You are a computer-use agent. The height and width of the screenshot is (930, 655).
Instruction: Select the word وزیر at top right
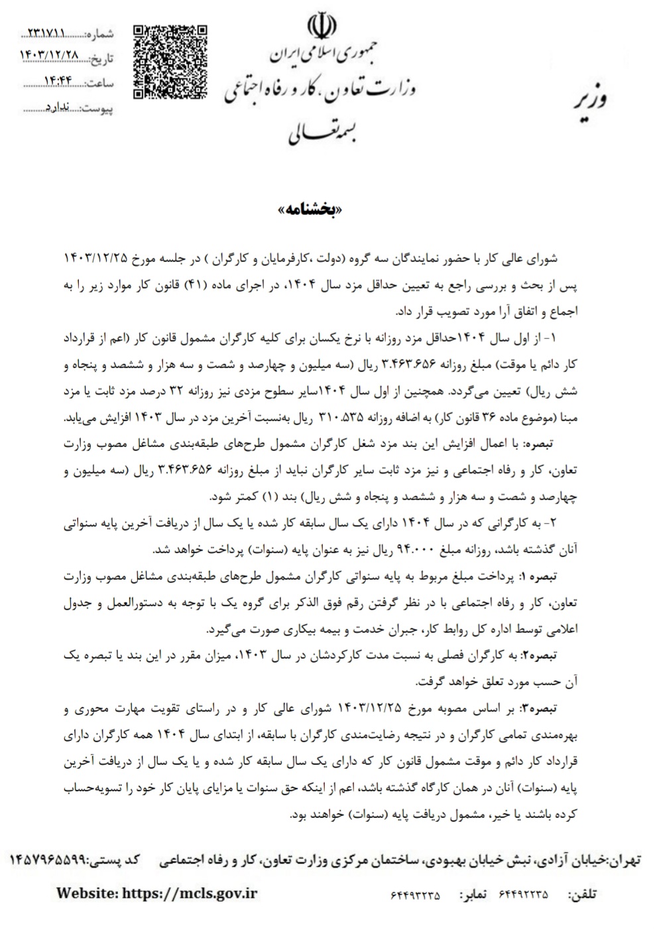[x=589, y=100]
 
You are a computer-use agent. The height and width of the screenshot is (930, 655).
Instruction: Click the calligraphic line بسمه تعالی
[x=324, y=132]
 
